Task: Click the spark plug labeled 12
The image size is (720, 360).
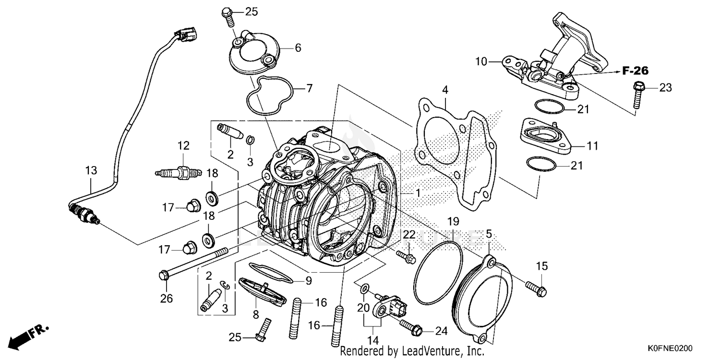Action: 175,171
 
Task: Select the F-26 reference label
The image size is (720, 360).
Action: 635,71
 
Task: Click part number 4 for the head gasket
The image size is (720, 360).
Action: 445,90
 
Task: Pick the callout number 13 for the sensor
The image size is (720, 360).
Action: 91,170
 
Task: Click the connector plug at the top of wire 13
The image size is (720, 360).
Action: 185,35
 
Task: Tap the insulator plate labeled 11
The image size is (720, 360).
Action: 544,134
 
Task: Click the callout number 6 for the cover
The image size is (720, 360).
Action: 298,48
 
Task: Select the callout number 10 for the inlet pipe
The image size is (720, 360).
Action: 481,61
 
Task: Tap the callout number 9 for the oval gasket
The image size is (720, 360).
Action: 308,281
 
